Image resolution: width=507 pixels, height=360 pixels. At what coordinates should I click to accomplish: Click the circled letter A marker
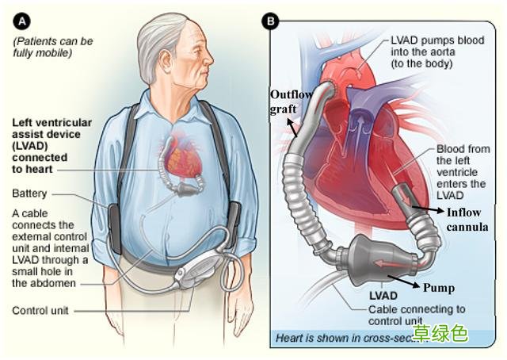coord(21,21)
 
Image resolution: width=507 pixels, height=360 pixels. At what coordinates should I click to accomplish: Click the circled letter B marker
coord(270,21)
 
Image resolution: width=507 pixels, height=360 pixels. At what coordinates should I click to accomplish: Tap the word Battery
coord(29,193)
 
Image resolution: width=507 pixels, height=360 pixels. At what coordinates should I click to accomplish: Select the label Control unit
coord(40,311)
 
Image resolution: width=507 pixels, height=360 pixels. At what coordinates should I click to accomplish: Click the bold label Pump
coord(439,288)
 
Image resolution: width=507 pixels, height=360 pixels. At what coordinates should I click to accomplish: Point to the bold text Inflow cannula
coord(467,220)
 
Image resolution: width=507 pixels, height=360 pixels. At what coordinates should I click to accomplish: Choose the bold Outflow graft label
coord(290,101)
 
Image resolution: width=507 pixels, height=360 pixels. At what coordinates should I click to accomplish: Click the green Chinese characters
coord(440,333)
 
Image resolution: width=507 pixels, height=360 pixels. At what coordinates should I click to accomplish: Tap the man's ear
coord(166,63)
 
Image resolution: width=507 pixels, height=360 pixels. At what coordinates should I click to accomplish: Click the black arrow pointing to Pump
coord(405,281)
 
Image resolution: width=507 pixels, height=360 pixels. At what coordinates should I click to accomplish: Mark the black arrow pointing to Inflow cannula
coord(428,209)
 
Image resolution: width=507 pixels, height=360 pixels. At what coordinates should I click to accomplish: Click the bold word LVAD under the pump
coord(383,296)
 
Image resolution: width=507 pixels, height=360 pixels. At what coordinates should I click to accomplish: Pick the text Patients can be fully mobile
coord(53,47)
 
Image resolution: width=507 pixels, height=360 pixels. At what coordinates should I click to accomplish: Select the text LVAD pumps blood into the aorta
coord(437,52)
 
